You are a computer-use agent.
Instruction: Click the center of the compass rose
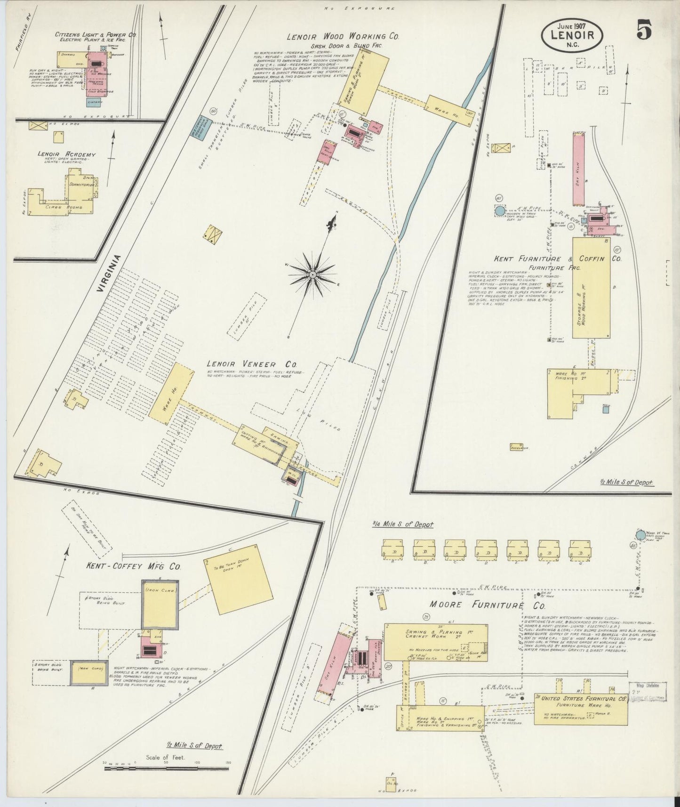tap(312, 274)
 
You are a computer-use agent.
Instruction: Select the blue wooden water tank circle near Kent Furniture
tap(500, 211)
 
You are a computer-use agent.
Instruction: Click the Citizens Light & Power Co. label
tap(96, 35)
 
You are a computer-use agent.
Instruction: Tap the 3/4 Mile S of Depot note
tap(402, 524)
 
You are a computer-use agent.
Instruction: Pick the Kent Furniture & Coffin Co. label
tap(558, 259)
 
